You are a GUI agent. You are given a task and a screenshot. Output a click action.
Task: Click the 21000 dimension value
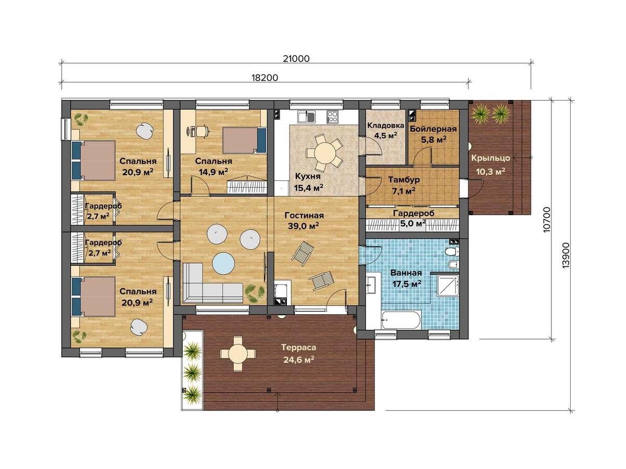click(296, 59)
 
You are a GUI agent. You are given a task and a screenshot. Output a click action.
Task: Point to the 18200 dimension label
click(264, 78)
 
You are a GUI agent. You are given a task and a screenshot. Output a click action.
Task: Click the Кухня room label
click(307, 177)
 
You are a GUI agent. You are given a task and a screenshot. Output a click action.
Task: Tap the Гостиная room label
click(304, 216)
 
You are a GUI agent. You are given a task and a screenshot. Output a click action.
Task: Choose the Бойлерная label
click(433, 129)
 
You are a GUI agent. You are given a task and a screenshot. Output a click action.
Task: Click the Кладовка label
click(386, 125)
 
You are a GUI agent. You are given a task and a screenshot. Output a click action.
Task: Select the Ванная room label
click(406, 273)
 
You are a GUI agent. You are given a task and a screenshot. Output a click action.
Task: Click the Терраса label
click(298, 348)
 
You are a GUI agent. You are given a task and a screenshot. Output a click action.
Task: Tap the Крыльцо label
click(490, 158)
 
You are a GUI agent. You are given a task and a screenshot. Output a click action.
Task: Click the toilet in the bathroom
click(452, 252)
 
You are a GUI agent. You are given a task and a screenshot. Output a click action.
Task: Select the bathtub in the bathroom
click(401, 319)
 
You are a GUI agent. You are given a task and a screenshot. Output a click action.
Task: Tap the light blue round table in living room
click(224, 263)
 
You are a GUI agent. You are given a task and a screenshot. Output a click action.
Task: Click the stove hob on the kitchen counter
click(332, 117)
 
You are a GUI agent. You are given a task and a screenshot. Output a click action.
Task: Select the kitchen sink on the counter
click(306, 117)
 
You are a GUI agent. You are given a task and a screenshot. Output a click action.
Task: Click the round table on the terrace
click(237, 354)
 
